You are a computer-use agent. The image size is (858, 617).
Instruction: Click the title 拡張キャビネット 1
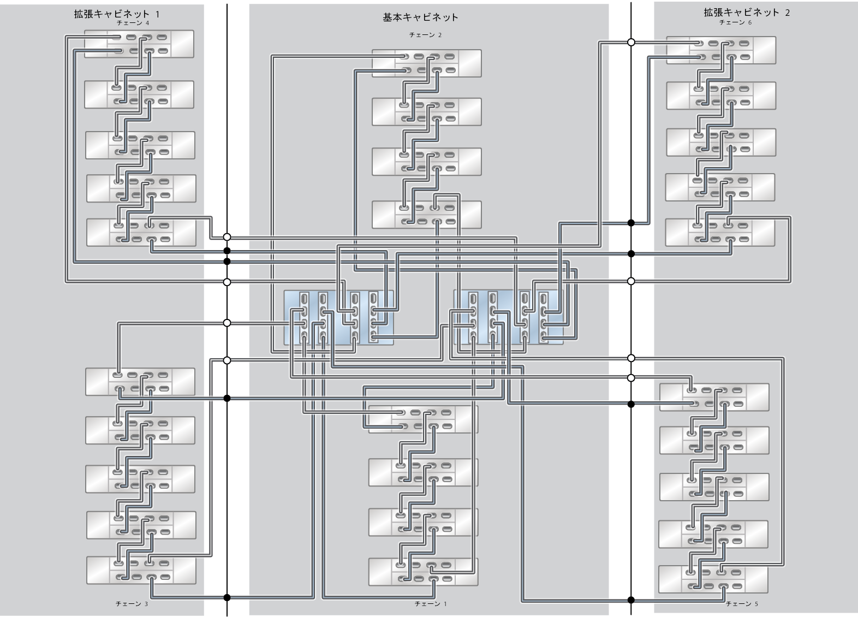(x=117, y=14)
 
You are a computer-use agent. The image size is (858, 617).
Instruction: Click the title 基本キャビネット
(x=420, y=17)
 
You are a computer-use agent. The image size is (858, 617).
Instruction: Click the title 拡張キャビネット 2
(x=746, y=13)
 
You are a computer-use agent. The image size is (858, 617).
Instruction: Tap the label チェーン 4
(x=133, y=23)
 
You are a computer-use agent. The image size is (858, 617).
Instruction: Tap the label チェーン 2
(x=425, y=35)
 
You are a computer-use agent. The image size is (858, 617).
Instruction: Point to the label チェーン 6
(x=735, y=23)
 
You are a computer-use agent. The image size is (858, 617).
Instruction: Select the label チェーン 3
(x=132, y=604)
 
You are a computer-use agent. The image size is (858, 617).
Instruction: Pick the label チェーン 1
(x=431, y=604)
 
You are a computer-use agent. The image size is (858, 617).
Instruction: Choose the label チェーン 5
(x=742, y=604)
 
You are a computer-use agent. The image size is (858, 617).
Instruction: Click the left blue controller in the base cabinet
(x=338, y=318)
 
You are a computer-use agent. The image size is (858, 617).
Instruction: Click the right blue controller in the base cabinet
(x=508, y=318)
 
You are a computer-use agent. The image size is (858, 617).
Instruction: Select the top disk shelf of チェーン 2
(x=427, y=63)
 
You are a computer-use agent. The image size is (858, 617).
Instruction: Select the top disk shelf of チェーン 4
(x=139, y=44)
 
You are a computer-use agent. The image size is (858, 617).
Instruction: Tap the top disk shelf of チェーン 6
(x=721, y=50)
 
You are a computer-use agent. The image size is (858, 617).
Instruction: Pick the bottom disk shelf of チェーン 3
(x=141, y=570)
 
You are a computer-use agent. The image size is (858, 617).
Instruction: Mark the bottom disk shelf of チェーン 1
(x=423, y=572)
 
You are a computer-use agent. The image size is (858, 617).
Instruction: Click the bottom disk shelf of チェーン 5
(x=713, y=579)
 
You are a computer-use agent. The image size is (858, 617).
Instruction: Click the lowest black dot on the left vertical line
(x=227, y=597)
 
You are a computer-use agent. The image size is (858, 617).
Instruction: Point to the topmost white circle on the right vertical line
(x=631, y=42)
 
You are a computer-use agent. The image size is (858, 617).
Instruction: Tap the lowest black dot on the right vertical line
(x=631, y=600)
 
